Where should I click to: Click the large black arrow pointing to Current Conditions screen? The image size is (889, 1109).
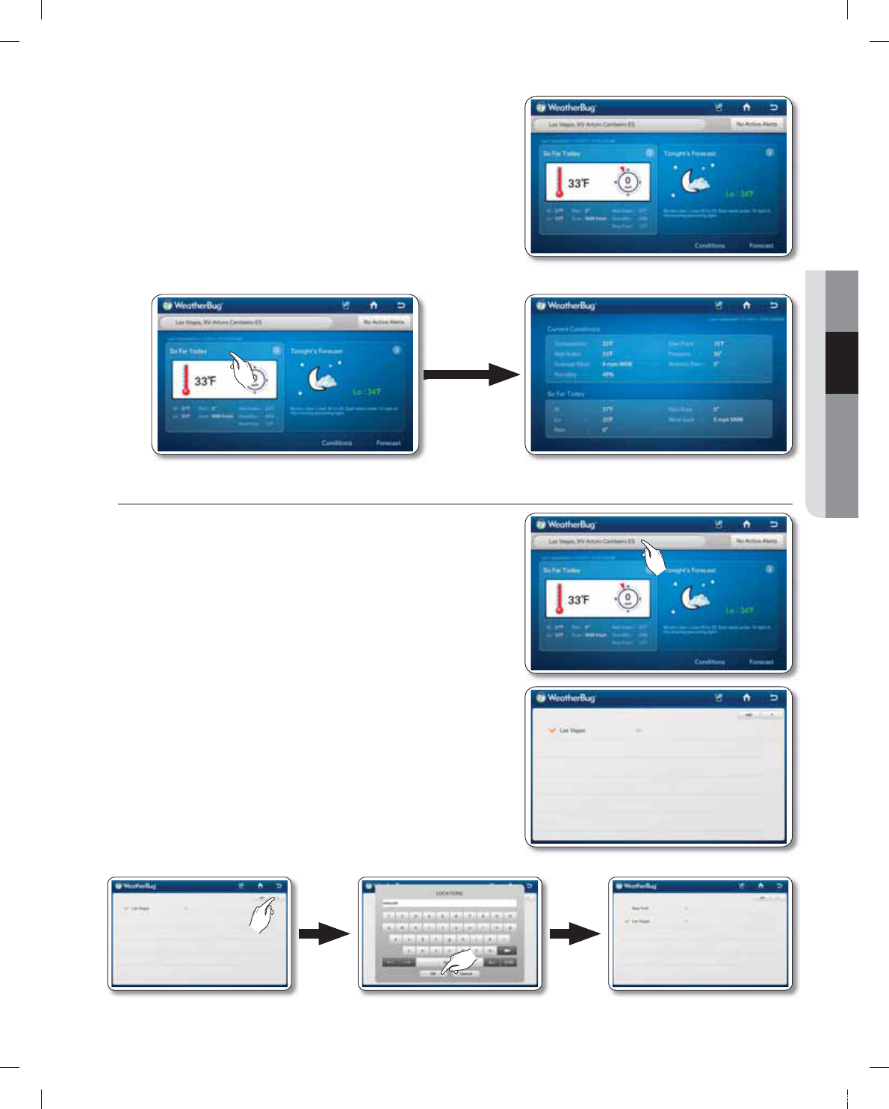[x=471, y=374]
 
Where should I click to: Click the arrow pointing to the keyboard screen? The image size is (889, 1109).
[x=323, y=933]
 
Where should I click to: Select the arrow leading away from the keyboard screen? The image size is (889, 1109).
[x=574, y=933]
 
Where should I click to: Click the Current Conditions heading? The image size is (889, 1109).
[x=573, y=329]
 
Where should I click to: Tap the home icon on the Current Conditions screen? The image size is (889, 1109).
[x=746, y=305]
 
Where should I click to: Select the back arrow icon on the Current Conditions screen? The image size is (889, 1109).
[x=773, y=305]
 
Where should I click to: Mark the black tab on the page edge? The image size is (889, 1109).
[x=842, y=362]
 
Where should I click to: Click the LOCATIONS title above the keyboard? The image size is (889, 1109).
[x=449, y=893]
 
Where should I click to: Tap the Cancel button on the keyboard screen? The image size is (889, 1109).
[x=466, y=974]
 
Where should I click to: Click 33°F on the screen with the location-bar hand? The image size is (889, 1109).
[x=578, y=600]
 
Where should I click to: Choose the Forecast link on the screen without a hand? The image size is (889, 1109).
[x=761, y=245]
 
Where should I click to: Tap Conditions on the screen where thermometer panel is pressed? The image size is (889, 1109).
[x=336, y=443]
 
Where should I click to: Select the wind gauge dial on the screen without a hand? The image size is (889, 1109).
[x=628, y=182]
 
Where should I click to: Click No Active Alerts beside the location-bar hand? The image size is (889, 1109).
[x=756, y=541]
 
